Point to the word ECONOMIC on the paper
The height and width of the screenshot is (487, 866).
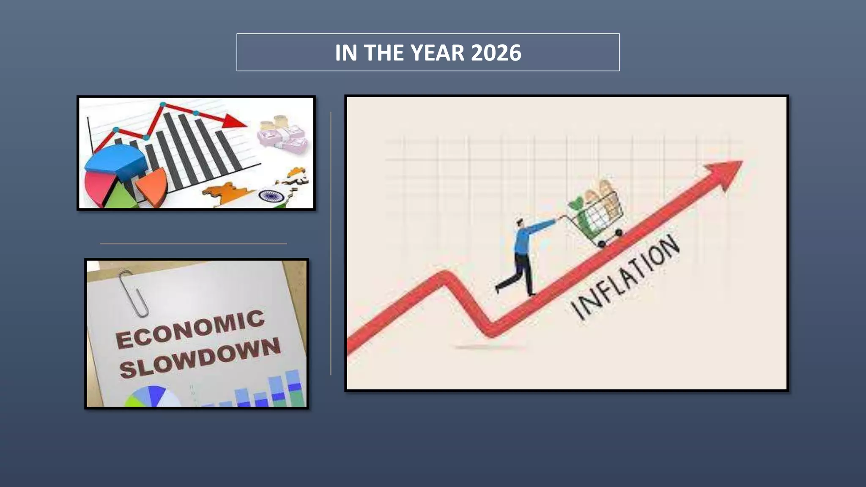(x=190, y=329)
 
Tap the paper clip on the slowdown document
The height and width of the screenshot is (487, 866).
(x=133, y=294)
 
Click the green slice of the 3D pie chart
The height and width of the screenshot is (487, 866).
(x=121, y=197)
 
